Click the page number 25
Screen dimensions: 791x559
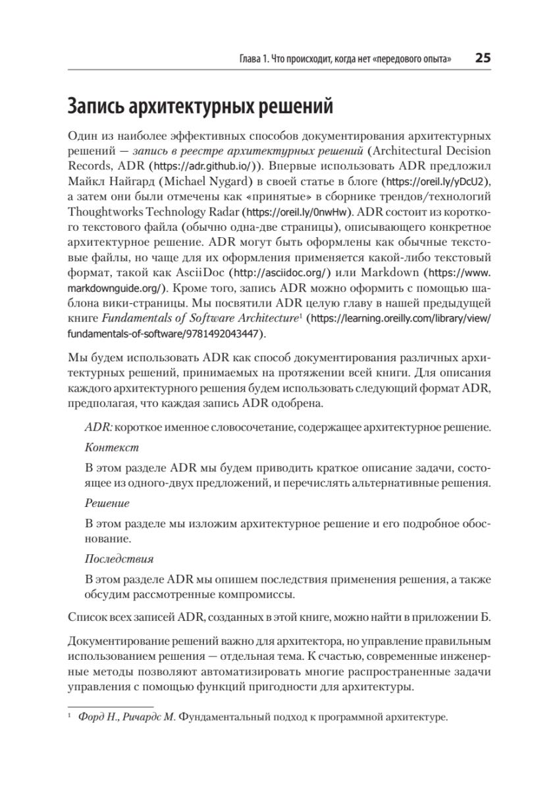pos(483,58)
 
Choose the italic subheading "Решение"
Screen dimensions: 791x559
pos(107,503)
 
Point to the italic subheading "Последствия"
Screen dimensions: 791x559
pos(119,558)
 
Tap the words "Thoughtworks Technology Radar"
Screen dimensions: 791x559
pos(154,212)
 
